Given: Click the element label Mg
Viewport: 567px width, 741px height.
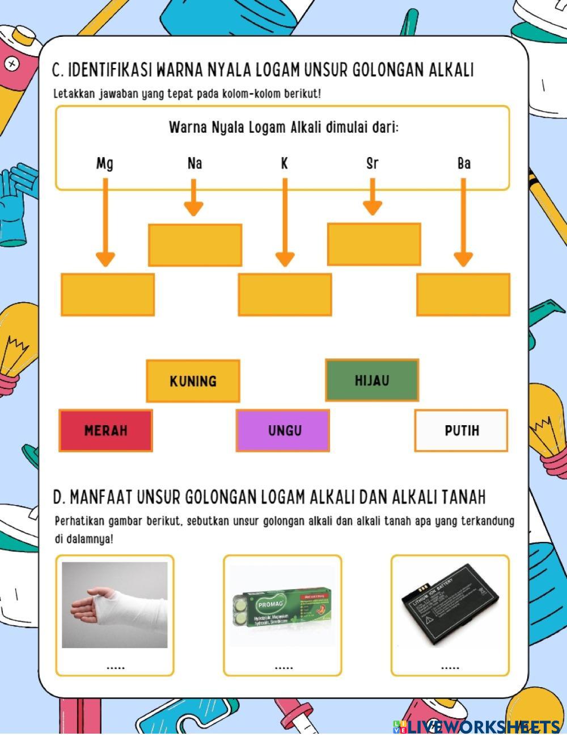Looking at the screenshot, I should point(105,164).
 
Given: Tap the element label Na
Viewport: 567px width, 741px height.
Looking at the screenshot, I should point(194,164).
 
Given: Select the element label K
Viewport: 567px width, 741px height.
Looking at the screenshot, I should point(284,164).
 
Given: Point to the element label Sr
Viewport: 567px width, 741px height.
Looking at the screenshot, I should point(372,164).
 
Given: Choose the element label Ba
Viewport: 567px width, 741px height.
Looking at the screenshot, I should point(463,164).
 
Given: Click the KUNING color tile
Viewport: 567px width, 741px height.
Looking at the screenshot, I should point(193,381).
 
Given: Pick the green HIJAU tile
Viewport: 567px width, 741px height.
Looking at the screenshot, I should point(372,380).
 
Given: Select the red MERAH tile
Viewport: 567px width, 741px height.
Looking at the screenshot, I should point(106,431).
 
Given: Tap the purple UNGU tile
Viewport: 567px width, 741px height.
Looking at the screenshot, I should point(283,431).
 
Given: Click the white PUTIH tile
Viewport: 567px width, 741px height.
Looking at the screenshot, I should point(462,431).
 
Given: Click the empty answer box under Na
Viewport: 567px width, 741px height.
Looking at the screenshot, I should point(195,245).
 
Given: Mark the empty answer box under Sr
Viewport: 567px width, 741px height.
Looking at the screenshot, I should point(374,244).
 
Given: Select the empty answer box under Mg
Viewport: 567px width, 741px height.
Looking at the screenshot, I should point(108,295).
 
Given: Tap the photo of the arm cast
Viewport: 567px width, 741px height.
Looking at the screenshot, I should point(115,605).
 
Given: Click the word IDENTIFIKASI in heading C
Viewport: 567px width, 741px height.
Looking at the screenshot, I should point(110,70).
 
